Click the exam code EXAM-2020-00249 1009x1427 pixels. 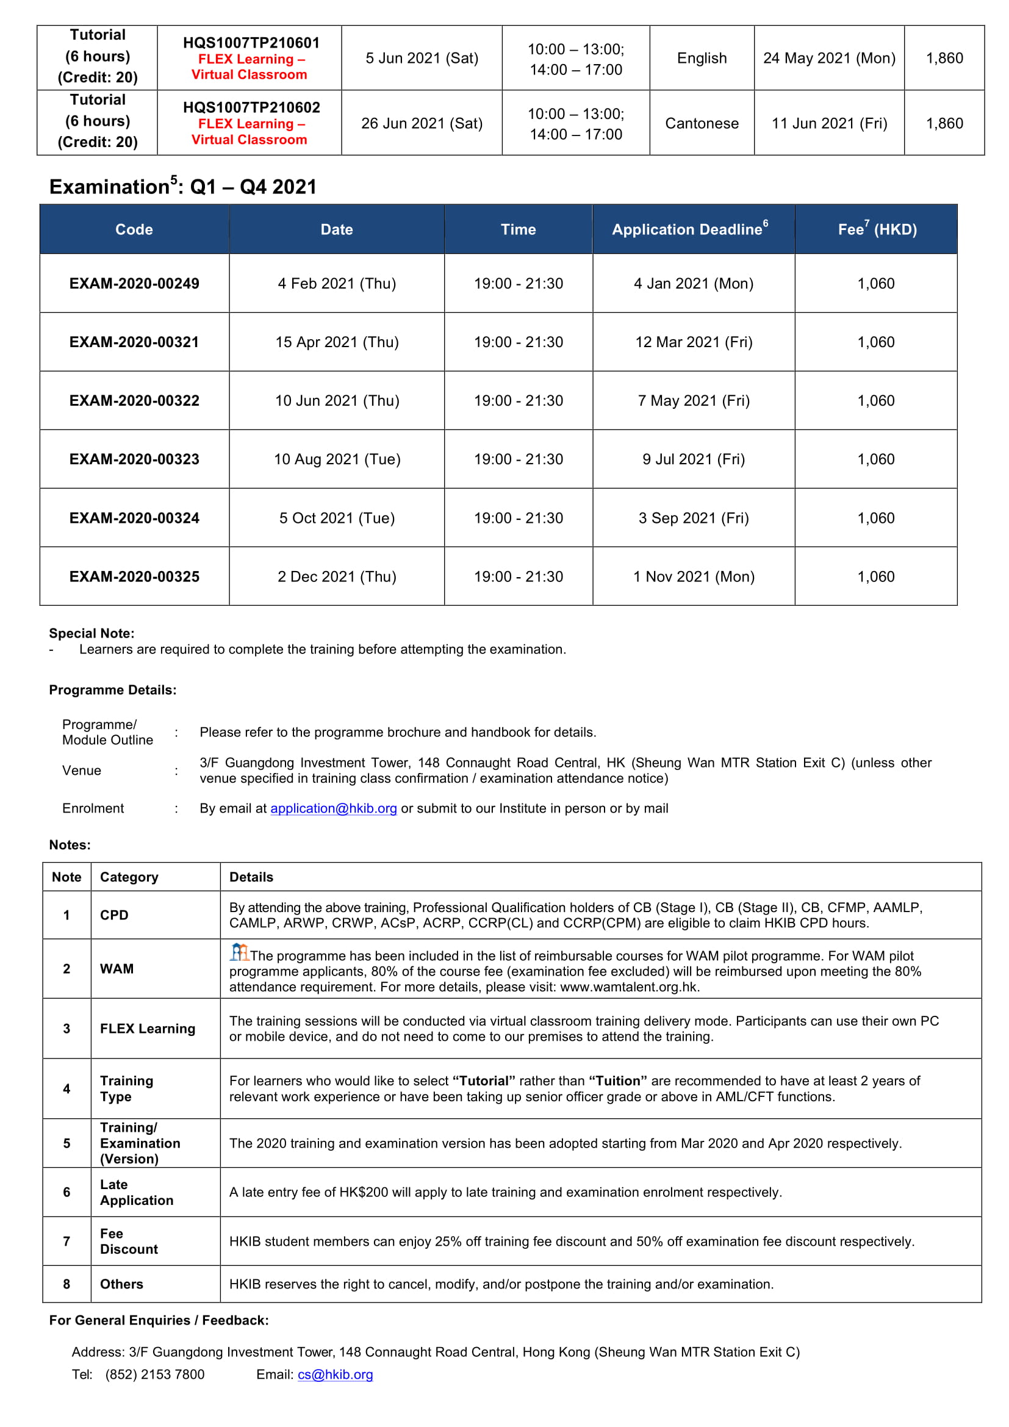pos(134,284)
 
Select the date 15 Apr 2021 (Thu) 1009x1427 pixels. pos(337,342)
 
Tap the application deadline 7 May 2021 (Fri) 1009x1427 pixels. pos(694,401)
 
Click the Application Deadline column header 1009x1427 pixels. pos(690,229)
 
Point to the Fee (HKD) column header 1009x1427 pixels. pos(877,229)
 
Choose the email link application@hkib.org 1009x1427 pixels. pos(333,808)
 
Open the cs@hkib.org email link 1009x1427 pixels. pos(335,1374)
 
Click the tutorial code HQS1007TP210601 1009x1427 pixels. pos(251,43)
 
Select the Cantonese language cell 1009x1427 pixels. pos(702,123)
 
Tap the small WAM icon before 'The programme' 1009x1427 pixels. pos(239,952)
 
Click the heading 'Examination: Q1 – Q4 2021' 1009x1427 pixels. pos(182,187)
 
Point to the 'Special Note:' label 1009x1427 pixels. pos(92,633)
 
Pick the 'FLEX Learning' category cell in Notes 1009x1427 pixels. pos(147,1029)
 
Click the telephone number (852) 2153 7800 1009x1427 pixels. pos(155,1374)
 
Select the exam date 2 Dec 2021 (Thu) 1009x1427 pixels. pos(337,577)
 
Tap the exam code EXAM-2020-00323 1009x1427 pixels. pos(134,459)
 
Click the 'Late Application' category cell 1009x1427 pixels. pos(136,1192)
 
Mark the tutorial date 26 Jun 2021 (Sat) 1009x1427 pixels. pos(422,123)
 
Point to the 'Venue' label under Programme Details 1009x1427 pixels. pos(81,771)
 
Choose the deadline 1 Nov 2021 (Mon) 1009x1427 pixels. pos(694,577)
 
